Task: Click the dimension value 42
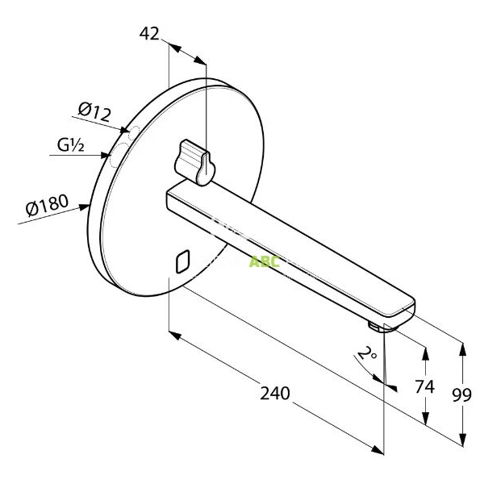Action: [x=149, y=33]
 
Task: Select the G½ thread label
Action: [x=72, y=146]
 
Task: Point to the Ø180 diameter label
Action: [x=47, y=206]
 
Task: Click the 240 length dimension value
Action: [x=274, y=393]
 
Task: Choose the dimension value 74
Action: [x=424, y=386]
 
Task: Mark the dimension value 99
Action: [x=462, y=394]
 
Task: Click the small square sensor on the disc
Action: [x=181, y=261]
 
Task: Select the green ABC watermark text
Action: [x=264, y=261]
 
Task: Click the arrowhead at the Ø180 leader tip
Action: [x=88, y=206]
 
